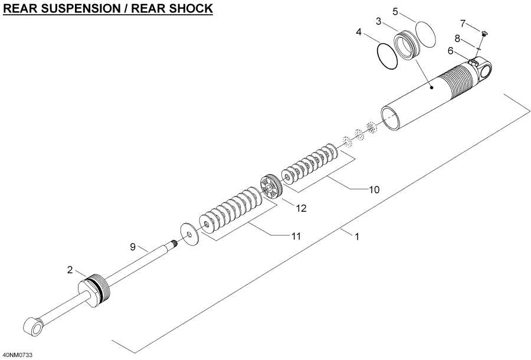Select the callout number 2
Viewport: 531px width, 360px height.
pos(70,270)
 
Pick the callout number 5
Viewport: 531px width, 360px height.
pos(396,11)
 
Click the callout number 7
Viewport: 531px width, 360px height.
pos(463,23)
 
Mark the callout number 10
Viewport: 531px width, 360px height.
pos(373,189)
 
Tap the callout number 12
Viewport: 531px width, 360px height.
pos(301,208)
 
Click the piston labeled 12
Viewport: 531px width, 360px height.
pos(271,188)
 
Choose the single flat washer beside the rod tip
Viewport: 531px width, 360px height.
pos(188,235)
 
